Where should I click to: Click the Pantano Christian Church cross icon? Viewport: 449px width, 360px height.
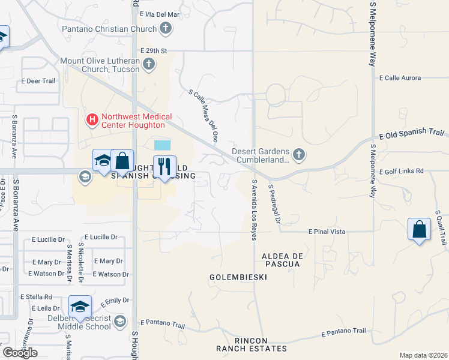click(x=166, y=28)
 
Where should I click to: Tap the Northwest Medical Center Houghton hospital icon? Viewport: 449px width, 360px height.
click(x=92, y=120)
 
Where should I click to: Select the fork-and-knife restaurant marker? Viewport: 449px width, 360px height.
click(x=164, y=165)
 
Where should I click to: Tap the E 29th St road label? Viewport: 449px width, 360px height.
click(x=153, y=52)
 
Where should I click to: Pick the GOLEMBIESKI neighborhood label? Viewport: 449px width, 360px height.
click(x=238, y=277)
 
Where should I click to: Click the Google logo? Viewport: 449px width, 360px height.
click(x=20, y=352)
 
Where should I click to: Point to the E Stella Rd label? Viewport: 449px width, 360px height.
click(x=36, y=296)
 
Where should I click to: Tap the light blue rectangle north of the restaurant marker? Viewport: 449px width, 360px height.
click(x=162, y=145)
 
